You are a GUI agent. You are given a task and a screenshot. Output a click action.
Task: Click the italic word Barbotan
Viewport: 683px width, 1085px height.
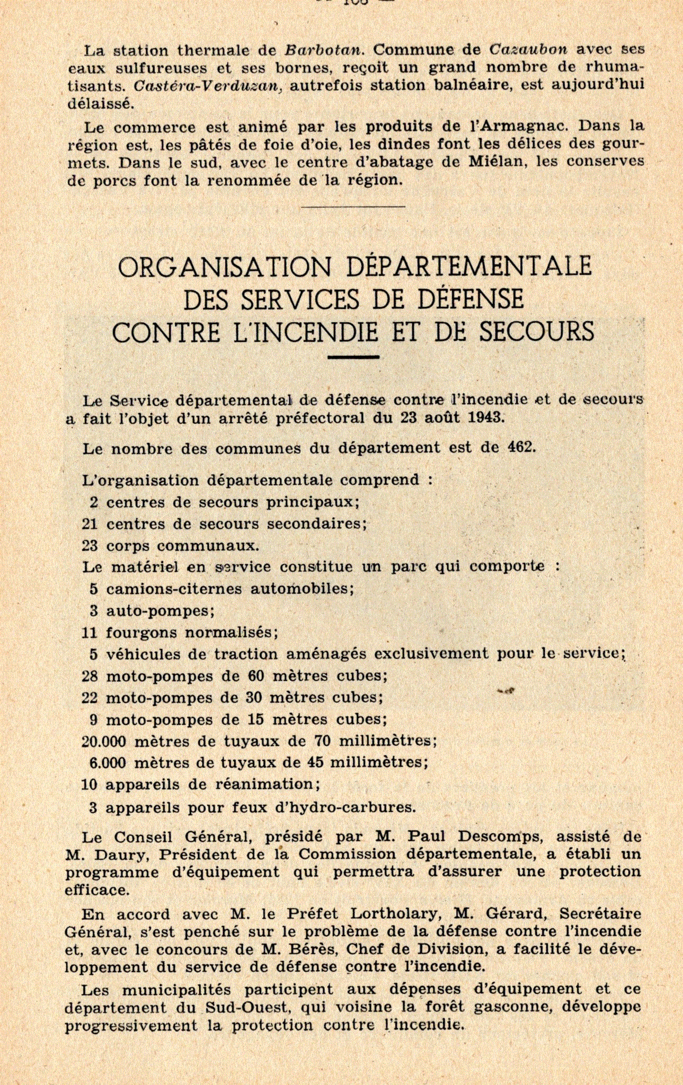[x=324, y=50]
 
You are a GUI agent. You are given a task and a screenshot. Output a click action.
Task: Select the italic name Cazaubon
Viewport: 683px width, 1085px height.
[x=528, y=50]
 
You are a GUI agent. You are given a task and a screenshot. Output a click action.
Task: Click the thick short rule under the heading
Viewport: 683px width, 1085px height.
[x=353, y=357]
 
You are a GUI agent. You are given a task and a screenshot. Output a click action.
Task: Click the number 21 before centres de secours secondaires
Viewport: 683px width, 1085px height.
[x=90, y=524]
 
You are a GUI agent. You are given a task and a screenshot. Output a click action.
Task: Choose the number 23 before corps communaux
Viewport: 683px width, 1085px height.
[x=90, y=546]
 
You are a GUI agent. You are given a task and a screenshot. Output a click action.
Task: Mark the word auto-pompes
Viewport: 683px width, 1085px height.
[x=160, y=611]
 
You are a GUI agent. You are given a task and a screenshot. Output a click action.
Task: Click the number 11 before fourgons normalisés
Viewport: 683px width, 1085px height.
[x=90, y=633]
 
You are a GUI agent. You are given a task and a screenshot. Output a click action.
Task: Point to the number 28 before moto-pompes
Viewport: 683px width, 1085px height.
[x=90, y=676]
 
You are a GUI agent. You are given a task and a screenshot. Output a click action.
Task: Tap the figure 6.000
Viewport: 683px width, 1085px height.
[x=108, y=763]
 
